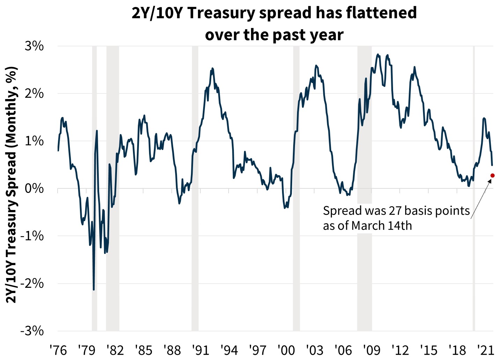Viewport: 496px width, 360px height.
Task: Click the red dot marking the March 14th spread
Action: pos(493,175)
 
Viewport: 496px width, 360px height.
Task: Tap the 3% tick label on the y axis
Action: pos(34,46)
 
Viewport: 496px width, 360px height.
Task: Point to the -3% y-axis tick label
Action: pos(32,331)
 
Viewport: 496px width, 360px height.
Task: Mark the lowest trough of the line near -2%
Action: pos(94,289)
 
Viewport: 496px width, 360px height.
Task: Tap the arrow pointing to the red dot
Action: pos(481,199)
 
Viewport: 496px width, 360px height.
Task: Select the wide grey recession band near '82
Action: pos(113,188)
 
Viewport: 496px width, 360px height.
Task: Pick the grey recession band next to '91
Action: pos(195,188)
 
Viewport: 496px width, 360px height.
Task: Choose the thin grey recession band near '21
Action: pos(474,188)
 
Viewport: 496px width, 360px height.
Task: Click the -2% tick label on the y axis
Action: pos(32,283)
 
